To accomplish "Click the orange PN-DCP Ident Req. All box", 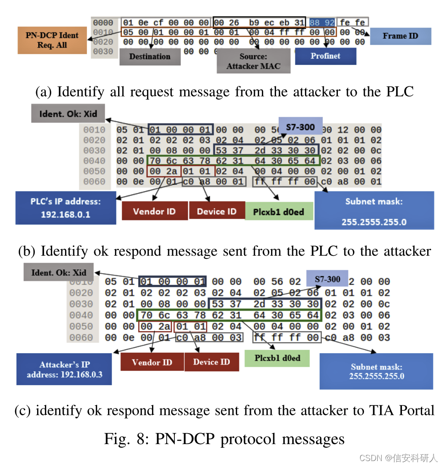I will click(x=52, y=40).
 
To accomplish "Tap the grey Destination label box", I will click(x=149, y=57).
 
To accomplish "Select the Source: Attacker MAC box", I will click(x=253, y=61).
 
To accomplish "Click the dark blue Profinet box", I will click(x=326, y=56).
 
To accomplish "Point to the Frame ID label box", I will click(x=400, y=36).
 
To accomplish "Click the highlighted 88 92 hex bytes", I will click(x=322, y=22).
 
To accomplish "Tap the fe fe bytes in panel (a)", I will click(x=353, y=22).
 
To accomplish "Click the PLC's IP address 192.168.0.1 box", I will click(x=65, y=208).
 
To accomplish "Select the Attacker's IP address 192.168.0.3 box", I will click(x=64, y=369).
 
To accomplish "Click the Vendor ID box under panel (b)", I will click(x=154, y=211).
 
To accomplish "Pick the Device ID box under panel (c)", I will click(x=212, y=362).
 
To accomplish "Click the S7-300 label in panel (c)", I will click(x=327, y=279).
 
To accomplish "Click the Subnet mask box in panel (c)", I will click(x=376, y=371).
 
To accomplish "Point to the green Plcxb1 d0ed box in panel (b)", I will click(x=278, y=212).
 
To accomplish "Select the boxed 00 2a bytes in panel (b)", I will click(x=163, y=171).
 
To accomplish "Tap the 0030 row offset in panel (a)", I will click(x=103, y=52).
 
